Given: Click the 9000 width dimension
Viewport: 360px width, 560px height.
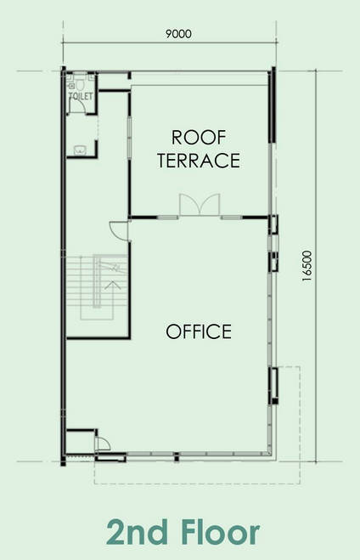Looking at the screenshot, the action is coord(178,34).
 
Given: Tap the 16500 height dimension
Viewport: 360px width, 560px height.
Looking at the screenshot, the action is coord(307,266).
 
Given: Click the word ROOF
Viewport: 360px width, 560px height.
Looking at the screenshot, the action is coord(199,138).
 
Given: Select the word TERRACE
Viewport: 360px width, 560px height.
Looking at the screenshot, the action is coord(199,161).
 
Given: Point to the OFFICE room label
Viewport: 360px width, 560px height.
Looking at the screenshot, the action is coord(199,331).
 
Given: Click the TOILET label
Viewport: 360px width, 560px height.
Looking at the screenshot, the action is coord(81,96).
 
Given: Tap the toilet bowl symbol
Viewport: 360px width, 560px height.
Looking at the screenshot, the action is coord(80,84).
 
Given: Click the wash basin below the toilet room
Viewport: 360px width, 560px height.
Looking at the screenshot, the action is coord(80,150).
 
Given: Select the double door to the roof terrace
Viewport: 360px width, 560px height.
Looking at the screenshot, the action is coord(200,205).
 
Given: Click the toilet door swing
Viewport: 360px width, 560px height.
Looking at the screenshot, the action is coord(78,106).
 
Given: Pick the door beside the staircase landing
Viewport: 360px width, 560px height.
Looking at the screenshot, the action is coord(119,230).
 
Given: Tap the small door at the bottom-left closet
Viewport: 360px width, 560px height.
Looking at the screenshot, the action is coord(103,444).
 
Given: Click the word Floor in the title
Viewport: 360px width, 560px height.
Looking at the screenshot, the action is coord(221,532).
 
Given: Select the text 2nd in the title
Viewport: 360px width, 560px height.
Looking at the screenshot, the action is coord(137,532).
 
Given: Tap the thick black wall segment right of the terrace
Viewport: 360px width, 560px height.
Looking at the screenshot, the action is coord(273,105).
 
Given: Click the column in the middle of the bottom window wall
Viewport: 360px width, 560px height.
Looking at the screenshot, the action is coord(177,457).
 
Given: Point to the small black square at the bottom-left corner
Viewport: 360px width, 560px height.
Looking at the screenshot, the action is coord(63,463).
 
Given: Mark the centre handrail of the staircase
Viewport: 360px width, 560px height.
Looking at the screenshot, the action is coord(96,281).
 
